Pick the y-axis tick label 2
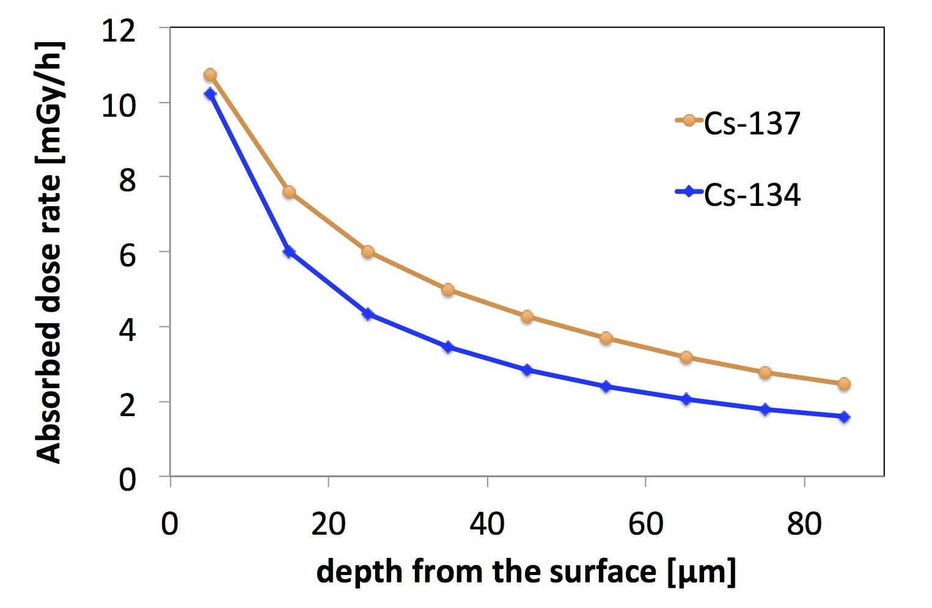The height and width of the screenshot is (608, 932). pyautogui.click(x=127, y=405)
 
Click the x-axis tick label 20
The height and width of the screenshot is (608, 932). pyautogui.click(x=328, y=524)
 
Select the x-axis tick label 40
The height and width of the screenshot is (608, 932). pyautogui.click(x=487, y=524)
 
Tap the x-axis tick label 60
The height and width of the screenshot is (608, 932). pyautogui.click(x=645, y=524)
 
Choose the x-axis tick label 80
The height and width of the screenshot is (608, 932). pyautogui.click(x=804, y=524)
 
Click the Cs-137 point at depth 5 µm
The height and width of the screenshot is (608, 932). pyautogui.click(x=210, y=75)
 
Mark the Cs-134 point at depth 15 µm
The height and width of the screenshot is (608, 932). pyautogui.click(x=289, y=252)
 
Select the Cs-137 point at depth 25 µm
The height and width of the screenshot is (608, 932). pyautogui.click(x=368, y=252)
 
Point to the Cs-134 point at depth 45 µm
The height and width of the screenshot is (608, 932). pyautogui.click(x=527, y=370)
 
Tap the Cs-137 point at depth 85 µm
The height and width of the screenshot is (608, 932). pyautogui.click(x=844, y=384)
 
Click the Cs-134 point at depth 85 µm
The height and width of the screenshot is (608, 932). pyautogui.click(x=844, y=417)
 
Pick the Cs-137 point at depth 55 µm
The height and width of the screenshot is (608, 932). pyautogui.click(x=606, y=338)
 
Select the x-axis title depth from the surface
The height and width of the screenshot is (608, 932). pyautogui.click(x=526, y=572)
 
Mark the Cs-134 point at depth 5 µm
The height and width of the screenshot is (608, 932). pyautogui.click(x=210, y=93)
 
